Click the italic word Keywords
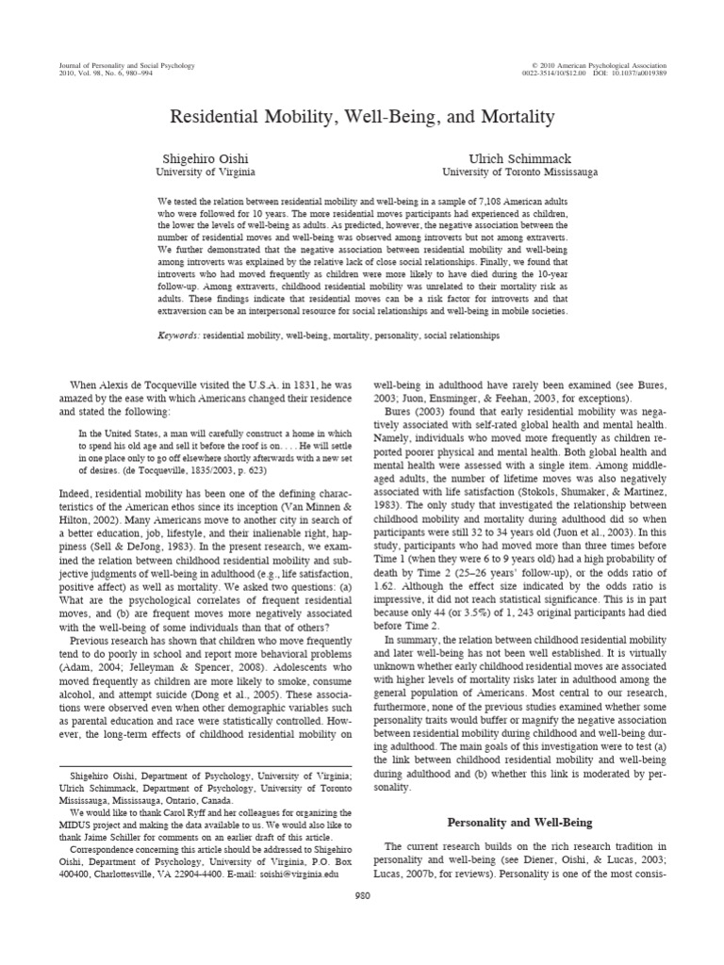[178, 335]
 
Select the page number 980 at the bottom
[362, 897]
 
